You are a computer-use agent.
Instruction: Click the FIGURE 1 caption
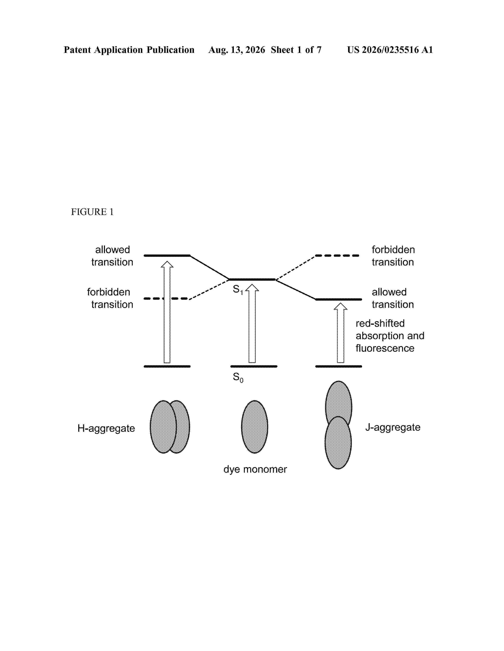tap(92, 212)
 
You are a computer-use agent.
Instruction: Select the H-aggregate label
tap(106, 428)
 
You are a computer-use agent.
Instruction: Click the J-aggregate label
tap(393, 427)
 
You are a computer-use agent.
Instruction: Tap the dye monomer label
tap(255, 469)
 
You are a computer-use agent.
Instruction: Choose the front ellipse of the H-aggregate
tap(163, 427)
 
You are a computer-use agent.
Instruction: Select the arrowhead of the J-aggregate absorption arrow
tap(340, 306)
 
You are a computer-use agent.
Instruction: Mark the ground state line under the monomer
tap(254, 366)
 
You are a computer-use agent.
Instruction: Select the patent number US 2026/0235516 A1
tap(390, 50)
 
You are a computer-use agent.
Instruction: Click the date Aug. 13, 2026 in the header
tap(237, 50)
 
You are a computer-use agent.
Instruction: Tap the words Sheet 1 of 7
tap(296, 50)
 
